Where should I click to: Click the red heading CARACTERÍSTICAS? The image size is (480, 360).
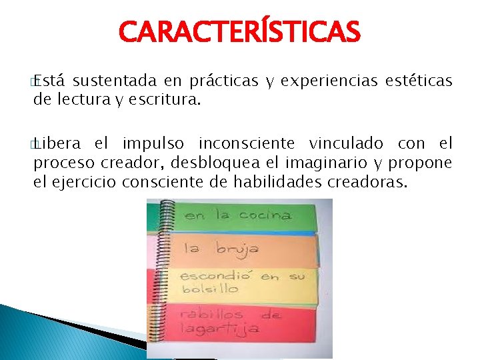(x=239, y=31)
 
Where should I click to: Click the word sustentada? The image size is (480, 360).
(x=114, y=81)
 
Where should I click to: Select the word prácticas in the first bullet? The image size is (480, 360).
(x=223, y=81)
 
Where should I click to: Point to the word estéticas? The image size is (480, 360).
(x=419, y=81)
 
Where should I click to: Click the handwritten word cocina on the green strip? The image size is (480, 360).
(x=264, y=216)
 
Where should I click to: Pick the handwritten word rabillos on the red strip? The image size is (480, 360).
(x=213, y=313)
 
